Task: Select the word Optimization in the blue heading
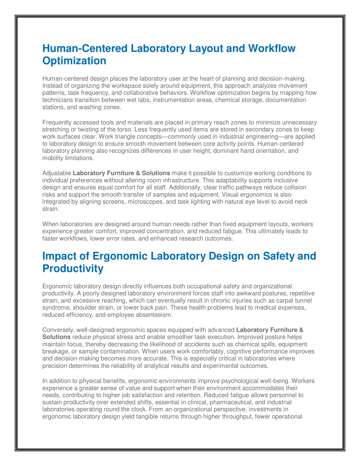[x=74, y=61]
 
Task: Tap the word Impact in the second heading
[x=59, y=256]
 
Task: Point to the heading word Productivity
[x=73, y=269]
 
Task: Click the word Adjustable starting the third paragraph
[x=57, y=173]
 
